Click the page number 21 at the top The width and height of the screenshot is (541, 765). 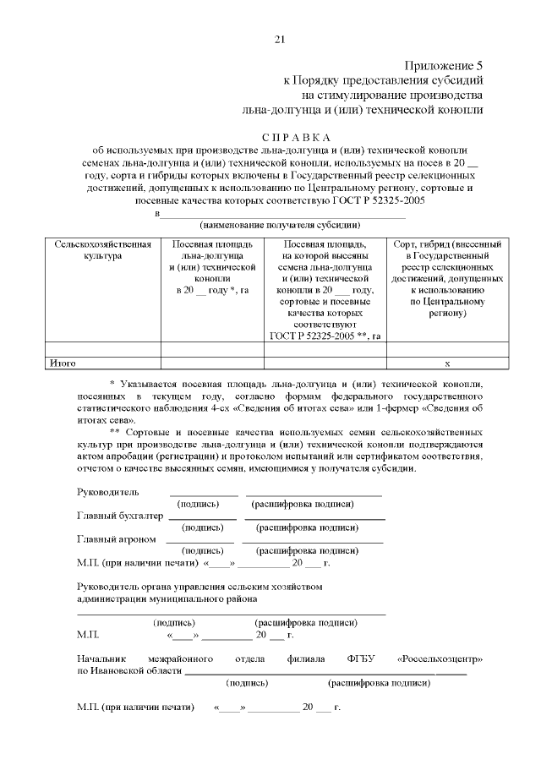(x=279, y=39)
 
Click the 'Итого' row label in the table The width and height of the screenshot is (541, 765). (x=63, y=363)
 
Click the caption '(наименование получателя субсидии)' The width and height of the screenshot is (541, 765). (x=280, y=226)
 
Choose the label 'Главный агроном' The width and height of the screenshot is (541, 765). (x=116, y=538)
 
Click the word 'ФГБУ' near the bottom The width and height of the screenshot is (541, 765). (x=361, y=658)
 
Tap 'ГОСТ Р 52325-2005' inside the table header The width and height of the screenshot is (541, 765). (x=313, y=336)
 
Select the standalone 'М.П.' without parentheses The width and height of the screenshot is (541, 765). (x=87, y=634)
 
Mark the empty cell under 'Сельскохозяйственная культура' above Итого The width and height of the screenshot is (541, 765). (x=102, y=349)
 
